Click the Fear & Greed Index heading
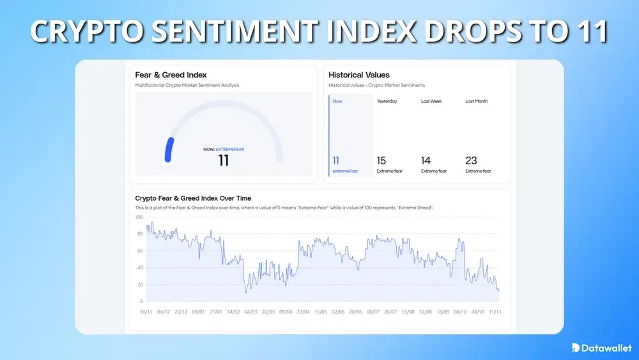click(x=171, y=75)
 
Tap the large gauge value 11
click(x=223, y=160)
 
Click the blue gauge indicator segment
click(x=169, y=149)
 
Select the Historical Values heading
click(x=359, y=75)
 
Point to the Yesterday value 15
click(x=381, y=160)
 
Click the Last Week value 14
click(x=426, y=160)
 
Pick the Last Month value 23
click(x=471, y=160)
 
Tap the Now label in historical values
click(x=337, y=101)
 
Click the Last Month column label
click(x=476, y=101)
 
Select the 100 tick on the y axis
click(x=139, y=217)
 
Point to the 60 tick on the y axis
click(x=140, y=251)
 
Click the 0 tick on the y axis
click(x=141, y=301)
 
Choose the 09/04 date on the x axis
click(x=286, y=312)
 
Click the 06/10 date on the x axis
click(x=459, y=312)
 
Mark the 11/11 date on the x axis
click(x=495, y=312)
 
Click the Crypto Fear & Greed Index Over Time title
click(x=193, y=198)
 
